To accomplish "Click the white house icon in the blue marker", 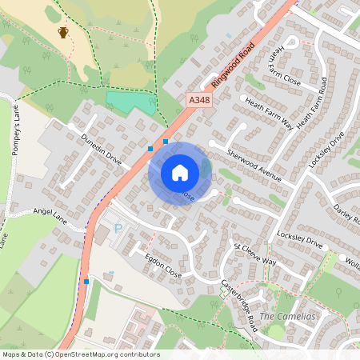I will pyautogui.click(x=180, y=172).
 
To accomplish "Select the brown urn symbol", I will pyautogui.click(x=63, y=32).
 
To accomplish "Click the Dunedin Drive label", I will pyautogui.click(x=101, y=149).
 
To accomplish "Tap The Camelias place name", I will pyautogui.click(x=285, y=317).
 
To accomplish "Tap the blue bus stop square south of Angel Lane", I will pyautogui.click(x=86, y=282).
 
